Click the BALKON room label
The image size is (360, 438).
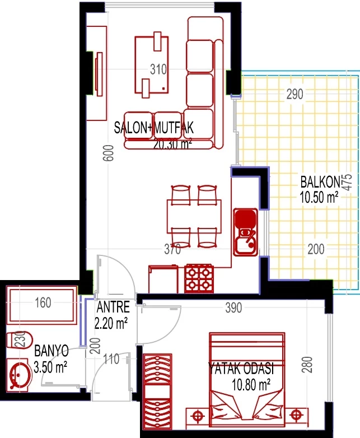(x=320, y=182)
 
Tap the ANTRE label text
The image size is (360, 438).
(x=113, y=307)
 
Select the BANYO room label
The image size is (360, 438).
(x=52, y=351)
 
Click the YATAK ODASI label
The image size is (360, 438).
(x=241, y=368)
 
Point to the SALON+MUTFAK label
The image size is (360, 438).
(x=153, y=128)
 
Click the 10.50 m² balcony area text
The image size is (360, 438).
(x=319, y=197)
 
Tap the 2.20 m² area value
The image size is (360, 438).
(x=111, y=324)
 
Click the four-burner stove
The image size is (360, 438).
(x=199, y=278)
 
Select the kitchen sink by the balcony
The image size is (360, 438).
(x=245, y=232)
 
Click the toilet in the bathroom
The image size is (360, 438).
(x=19, y=340)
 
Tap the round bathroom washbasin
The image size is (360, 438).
(x=20, y=375)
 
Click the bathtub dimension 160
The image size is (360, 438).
(x=43, y=302)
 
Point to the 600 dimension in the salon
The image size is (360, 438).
(x=109, y=153)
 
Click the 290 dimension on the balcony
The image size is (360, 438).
(x=294, y=94)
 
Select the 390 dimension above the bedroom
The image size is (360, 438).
(x=233, y=308)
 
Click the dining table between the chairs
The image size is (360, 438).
(x=194, y=216)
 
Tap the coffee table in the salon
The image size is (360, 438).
(x=152, y=65)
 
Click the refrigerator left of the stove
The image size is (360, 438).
(x=163, y=279)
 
